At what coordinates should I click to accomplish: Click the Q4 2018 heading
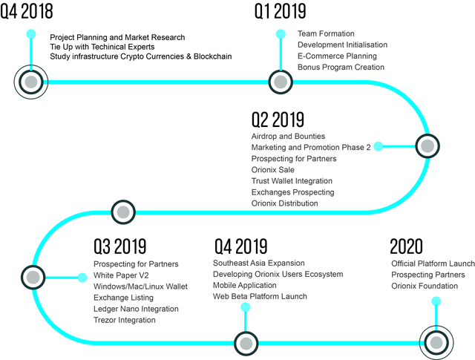tap(27, 11)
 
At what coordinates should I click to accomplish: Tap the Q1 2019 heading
tap(281, 11)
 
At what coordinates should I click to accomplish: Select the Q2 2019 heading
tap(278, 120)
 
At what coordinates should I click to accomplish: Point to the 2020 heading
tap(406, 246)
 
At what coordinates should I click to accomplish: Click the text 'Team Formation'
tap(326, 33)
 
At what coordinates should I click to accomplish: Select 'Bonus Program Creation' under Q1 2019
tap(341, 67)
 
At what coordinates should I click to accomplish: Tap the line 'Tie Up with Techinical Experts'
tap(102, 47)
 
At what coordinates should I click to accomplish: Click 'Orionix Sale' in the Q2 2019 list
tap(272, 170)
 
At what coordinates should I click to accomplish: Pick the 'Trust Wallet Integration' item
tap(292, 181)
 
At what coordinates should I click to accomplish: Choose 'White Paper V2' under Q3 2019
tap(121, 275)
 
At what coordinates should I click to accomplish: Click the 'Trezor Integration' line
tap(125, 320)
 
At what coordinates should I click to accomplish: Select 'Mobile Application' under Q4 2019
tap(245, 286)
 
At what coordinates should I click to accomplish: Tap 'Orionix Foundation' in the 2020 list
tap(425, 286)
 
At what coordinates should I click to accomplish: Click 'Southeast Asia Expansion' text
tap(259, 263)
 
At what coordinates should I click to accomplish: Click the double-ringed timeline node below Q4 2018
tap(31, 82)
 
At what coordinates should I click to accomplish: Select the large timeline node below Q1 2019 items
tap(281, 82)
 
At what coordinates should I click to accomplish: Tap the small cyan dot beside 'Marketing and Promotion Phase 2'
tap(378, 146)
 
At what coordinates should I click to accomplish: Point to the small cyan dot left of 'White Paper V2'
tap(82, 278)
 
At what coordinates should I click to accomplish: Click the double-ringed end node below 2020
tap(436, 343)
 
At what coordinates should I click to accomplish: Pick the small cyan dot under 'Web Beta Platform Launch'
tap(246, 307)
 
